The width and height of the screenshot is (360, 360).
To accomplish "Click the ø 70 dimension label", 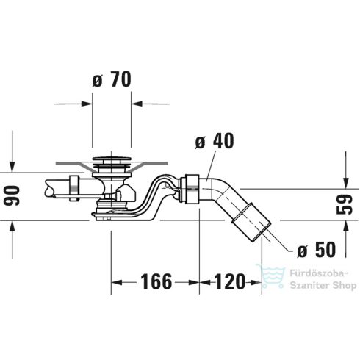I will point(112,80).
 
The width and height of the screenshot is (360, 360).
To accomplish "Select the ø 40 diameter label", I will point(215,141).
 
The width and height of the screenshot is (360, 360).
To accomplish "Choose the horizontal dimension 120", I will point(230,281).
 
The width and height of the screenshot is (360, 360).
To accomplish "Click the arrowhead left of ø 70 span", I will point(87,104).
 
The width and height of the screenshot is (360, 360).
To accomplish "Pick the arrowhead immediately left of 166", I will point(116,281).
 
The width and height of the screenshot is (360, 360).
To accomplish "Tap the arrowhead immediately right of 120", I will point(257,281).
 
